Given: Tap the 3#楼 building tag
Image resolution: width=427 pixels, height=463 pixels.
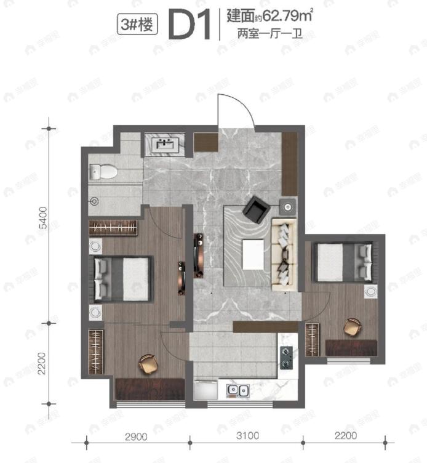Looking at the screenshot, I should click(x=137, y=25).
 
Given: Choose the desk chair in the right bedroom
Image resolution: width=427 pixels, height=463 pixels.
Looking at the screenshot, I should click(x=353, y=326).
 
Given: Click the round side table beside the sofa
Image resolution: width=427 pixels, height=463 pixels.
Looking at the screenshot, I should click(x=287, y=206).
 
